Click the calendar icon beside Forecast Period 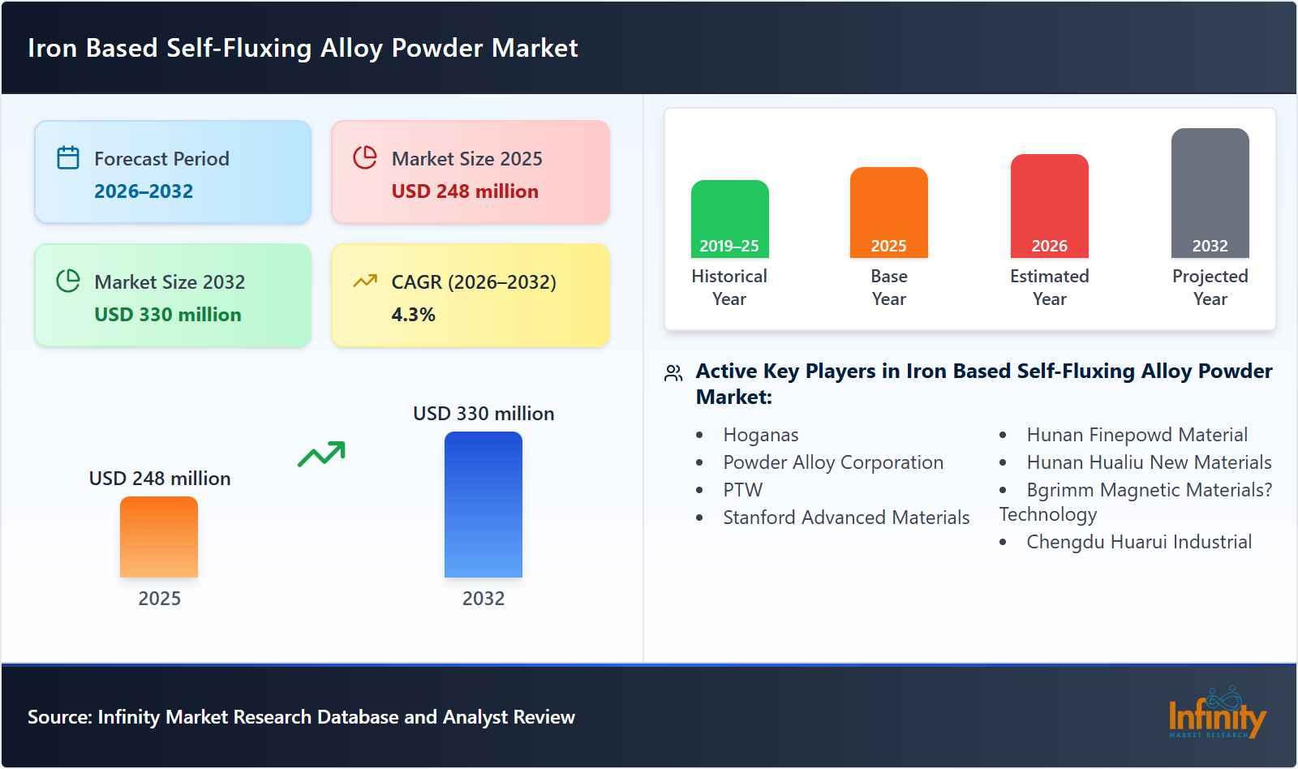pyautogui.click(x=68, y=157)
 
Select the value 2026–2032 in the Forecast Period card pyautogui.click(x=144, y=191)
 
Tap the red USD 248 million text pyautogui.click(x=465, y=191)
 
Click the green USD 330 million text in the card pyautogui.click(x=168, y=315)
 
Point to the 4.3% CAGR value pyautogui.click(x=413, y=315)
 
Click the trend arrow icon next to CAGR pyautogui.click(x=365, y=281)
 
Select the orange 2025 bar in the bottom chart pyautogui.click(x=159, y=537)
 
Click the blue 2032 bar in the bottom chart pyautogui.click(x=484, y=505)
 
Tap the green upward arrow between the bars pyautogui.click(x=321, y=454)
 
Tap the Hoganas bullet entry pyautogui.click(x=760, y=435)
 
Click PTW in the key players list pyautogui.click(x=742, y=490)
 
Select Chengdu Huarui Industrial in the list pyautogui.click(x=1138, y=542)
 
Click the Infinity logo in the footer pyautogui.click(x=1216, y=714)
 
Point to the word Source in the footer pyautogui.click(x=59, y=717)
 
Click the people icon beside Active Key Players pyautogui.click(x=673, y=373)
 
